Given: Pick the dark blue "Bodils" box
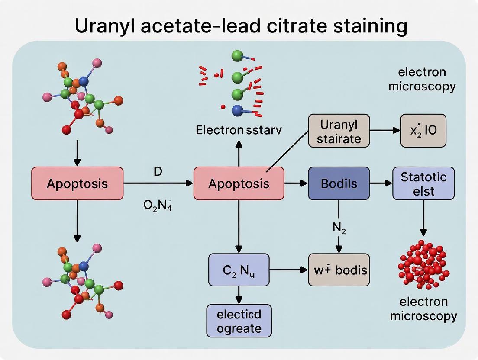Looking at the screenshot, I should pyautogui.click(x=339, y=183).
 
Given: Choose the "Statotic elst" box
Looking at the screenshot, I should pyautogui.click(x=423, y=183).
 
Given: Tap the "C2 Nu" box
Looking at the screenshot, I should pyautogui.click(x=239, y=270).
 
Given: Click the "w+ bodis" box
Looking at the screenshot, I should pyautogui.click(x=339, y=270).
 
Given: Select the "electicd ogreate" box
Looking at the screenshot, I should pyautogui.click(x=239, y=321).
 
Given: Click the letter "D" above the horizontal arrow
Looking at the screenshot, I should pyautogui.click(x=158, y=171).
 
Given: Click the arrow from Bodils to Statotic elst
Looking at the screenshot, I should pyautogui.click(x=381, y=183).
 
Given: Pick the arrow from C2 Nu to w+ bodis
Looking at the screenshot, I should pyautogui.click(x=288, y=270).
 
